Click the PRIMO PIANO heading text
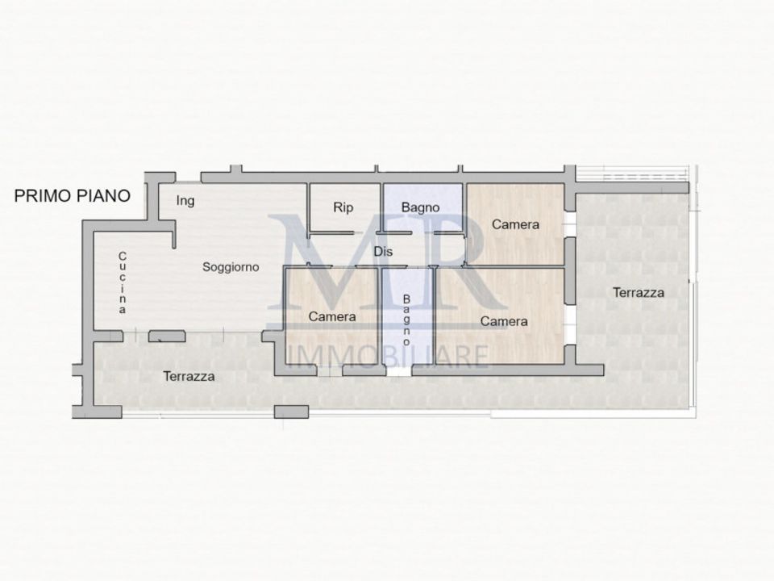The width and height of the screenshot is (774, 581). click(x=72, y=196)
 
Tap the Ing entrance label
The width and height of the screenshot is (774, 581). click(x=185, y=201)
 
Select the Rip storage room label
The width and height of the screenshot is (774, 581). click(x=343, y=207)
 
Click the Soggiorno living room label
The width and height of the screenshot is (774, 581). click(x=231, y=267)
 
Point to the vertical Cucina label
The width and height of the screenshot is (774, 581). click(x=122, y=282)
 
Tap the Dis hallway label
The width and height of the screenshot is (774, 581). click(x=383, y=252)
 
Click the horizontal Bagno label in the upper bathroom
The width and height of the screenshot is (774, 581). click(x=420, y=207)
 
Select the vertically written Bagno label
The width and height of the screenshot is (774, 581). click(x=406, y=320)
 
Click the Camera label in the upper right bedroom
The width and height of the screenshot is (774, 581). click(x=515, y=224)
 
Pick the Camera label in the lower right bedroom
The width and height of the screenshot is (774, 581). click(x=504, y=322)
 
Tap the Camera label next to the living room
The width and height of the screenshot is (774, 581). click(x=331, y=316)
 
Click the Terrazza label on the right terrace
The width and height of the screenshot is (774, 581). click(x=639, y=292)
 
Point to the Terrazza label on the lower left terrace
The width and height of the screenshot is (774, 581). click(x=189, y=377)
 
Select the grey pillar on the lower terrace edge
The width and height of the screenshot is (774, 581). click(x=291, y=412)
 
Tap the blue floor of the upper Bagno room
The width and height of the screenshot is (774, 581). click(x=423, y=207)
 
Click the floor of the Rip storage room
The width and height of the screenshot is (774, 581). click(x=344, y=207)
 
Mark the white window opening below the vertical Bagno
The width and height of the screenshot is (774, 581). click(x=399, y=370)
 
